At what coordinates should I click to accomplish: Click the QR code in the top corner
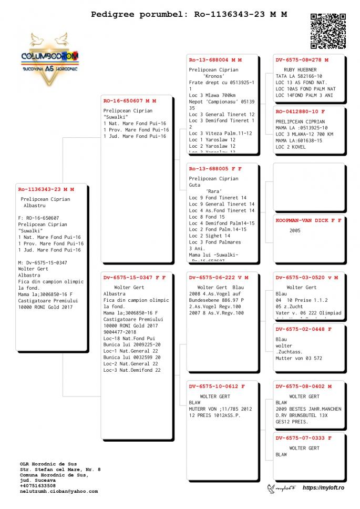coord(328,31)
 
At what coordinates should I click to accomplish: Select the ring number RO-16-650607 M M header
coord(129,100)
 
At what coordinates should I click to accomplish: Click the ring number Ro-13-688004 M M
coord(215,60)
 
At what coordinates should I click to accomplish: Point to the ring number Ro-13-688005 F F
coord(215,169)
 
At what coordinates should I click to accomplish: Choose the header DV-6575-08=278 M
coord(302,60)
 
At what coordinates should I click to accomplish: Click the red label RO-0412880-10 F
coord(300,111)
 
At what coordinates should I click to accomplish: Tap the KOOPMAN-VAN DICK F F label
coord(308,220)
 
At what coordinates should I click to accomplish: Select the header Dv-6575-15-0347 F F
coord(134,277)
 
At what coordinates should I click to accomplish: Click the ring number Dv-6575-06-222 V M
coord(219,277)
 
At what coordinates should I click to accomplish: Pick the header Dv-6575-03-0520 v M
coord(307,277)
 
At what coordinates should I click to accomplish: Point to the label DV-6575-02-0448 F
coord(304,329)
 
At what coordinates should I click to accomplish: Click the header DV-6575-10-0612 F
coord(217,386)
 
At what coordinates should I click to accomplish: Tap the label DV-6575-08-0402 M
coord(304,386)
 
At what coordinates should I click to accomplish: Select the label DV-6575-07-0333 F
coord(304,437)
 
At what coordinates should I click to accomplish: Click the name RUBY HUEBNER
coord(300,69)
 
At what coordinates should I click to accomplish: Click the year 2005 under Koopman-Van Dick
coord(295,230)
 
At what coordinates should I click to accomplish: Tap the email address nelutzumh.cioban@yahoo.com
coord(59,491)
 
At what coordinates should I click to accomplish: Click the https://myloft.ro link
coord(323,488)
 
